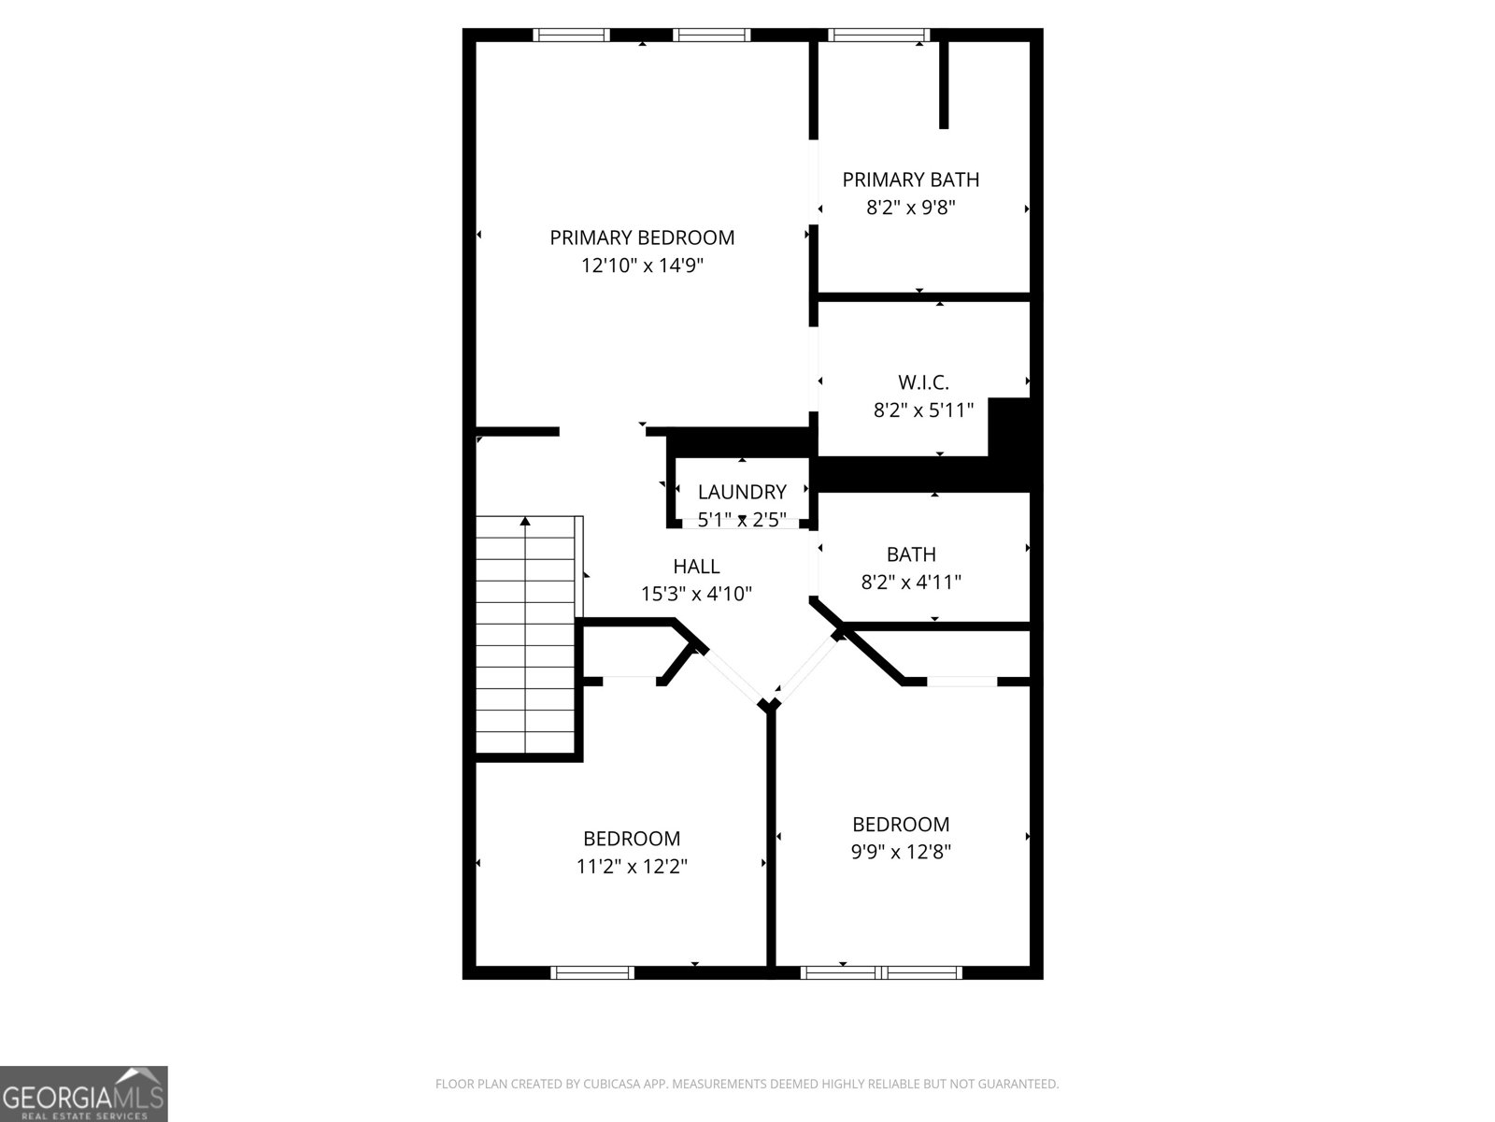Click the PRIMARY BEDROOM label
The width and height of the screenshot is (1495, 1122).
pos(642,237)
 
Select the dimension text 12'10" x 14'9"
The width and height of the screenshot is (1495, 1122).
pos(642,266)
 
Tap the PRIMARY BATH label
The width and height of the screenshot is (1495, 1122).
pos(911,180)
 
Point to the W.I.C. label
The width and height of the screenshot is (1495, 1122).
pos(923,381)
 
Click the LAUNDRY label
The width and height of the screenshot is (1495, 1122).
pos(742,492)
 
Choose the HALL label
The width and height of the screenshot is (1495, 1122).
pos(696,566)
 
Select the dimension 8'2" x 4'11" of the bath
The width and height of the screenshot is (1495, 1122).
pos(911,583)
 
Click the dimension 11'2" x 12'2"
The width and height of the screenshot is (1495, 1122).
pos(632,867)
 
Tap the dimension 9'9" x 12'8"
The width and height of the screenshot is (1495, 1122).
pos(901,853)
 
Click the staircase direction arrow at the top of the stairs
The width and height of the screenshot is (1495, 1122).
pos(525,521)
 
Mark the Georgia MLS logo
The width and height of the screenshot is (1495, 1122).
pos(84,1093)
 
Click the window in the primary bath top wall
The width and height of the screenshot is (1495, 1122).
pos(878,36)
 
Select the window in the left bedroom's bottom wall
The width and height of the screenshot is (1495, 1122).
pos(593,973)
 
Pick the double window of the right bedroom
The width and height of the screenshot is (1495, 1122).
pos(881,973)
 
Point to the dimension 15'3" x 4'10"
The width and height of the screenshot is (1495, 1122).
pos(696,594)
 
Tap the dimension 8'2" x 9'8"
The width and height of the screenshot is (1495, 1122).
pos(911,208)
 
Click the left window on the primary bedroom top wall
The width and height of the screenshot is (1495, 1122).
pos(571,36)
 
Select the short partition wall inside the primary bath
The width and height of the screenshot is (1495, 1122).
pos(944,84)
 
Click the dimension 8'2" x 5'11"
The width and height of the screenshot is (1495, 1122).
pos(923,410)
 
